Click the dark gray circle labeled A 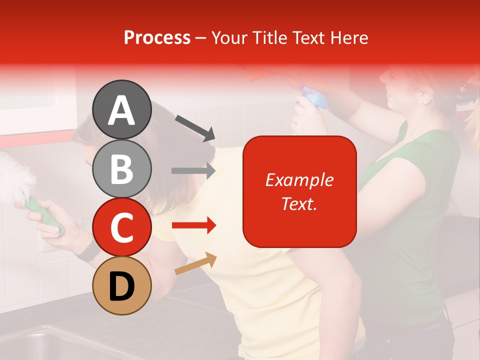click(121, 109)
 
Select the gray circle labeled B click(121, 168)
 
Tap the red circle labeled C click(121, 227)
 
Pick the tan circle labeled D click(121, 285)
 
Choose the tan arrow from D click(195, 263)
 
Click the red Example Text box click(299, 191)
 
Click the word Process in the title click(157, 37)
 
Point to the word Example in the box click(299, 180)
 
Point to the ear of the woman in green click(425, 97)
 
